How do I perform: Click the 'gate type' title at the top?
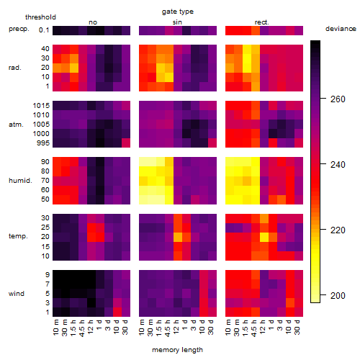point(178,12)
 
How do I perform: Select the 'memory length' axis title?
point(177,350)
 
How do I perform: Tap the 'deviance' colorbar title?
point(341,29)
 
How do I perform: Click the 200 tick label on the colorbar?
point(338,295)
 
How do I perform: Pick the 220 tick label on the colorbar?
point(338,230)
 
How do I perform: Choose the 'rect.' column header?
point(261,22)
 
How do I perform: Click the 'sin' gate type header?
point(177,22)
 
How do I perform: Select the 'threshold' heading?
point(40,17)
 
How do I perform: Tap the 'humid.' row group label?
point(20,180)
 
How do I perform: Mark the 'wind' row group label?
point(17,293)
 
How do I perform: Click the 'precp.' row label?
point(19,29)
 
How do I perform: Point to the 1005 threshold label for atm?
point(41,124)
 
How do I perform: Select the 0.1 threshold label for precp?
point(44,30)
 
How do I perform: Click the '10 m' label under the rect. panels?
point(228,327)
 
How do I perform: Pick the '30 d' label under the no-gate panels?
point(125,327)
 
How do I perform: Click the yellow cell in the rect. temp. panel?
point(264,237)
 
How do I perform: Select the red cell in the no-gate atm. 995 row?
point(126,143)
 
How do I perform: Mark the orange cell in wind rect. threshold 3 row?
point(290,302)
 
